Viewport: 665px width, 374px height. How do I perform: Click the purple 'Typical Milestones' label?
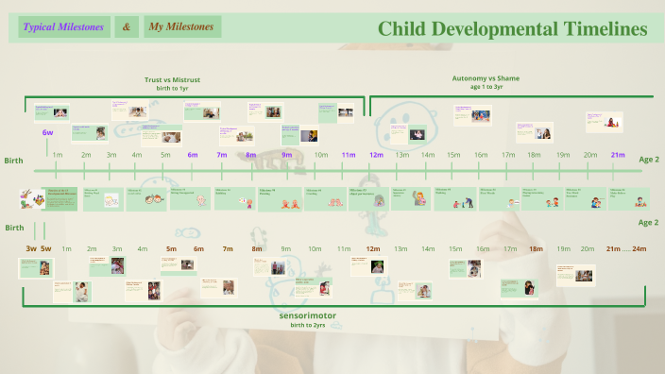tap(64, 27)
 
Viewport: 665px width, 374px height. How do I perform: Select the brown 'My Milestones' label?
tap(183, 27)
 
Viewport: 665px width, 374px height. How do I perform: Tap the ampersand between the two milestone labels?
tap(127, 27)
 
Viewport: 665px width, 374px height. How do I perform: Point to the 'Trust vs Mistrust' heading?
tap(172, 80)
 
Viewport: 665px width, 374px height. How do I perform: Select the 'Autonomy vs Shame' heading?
tap(486, 78)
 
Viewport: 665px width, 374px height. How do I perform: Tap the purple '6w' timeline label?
tap(47, 133)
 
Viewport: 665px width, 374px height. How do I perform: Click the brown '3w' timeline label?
tap(31, 248)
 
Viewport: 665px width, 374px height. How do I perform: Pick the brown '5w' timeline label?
tap(46, 248)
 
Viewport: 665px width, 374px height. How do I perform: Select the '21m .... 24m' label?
tap(626, 248)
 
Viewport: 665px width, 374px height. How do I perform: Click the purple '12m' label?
tap(376, 155)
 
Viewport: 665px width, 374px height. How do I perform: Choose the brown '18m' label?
tap(536, 248)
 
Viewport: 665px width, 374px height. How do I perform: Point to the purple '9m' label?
tap(287, 155)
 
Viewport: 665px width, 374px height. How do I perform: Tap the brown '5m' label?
tap(171, 248)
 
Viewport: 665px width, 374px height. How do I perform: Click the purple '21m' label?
tap(618, 155)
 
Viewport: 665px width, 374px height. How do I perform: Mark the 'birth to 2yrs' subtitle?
tap(308, 325)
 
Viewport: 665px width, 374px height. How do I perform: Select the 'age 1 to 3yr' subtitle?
tap(486, 87)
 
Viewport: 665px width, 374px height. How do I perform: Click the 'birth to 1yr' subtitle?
tap(172, 89)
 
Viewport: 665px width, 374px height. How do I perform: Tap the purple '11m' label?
tap(349, 155)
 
